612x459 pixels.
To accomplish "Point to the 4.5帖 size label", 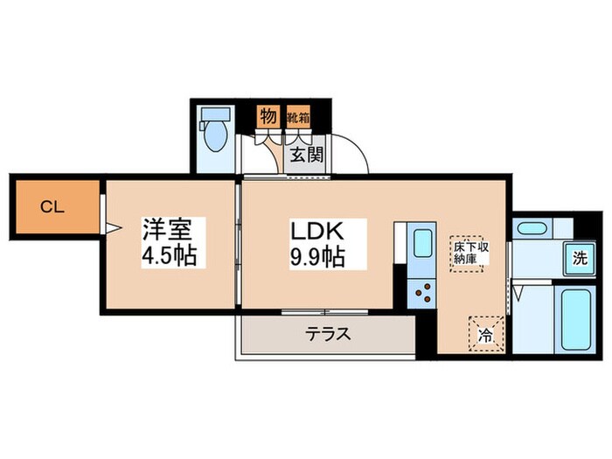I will point(169,257).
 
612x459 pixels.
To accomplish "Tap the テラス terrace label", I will point(327,333).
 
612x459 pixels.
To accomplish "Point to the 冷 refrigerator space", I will point(485,333).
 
